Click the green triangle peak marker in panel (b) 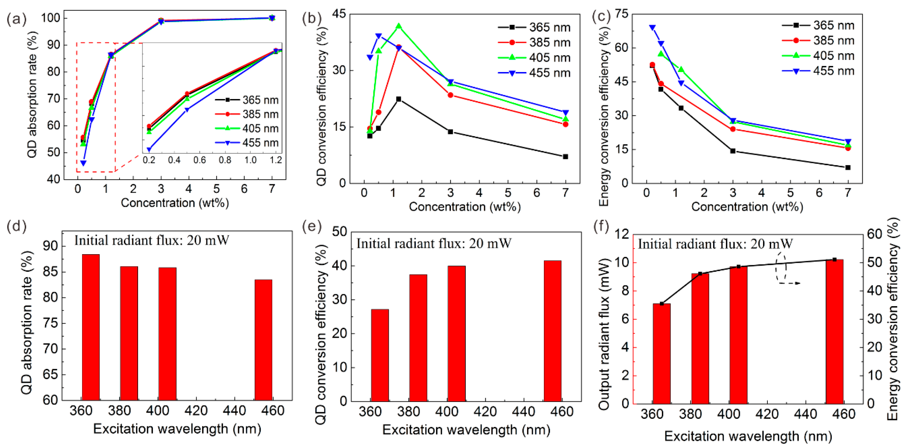[x=398, y=26]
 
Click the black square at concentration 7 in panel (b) [x=565, y=156]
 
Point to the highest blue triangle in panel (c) [x=652, y=27]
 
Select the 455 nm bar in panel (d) [x=263, y=340]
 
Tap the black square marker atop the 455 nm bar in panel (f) [x=835, y=259]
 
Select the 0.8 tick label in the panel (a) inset [x=225, y=160]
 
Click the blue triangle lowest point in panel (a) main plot [x=83, y=163]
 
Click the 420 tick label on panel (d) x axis [x=196, y=411]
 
